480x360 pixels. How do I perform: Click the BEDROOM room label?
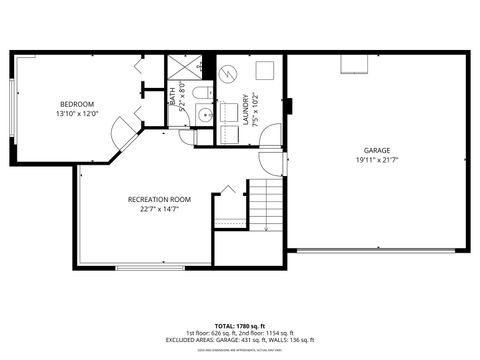[x=77, y=105]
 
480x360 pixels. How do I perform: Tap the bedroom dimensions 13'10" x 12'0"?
[x=77, y=114]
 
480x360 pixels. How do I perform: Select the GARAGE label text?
[x=376, y=150]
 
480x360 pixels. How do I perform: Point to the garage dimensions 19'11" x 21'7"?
[x=376, y=160]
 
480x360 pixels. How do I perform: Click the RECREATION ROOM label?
[x=159, y=200]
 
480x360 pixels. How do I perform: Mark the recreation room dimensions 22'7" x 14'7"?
[x=159, y=210]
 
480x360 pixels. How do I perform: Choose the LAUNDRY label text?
[x=245, y=107]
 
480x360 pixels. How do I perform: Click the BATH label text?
[x=172, y=97]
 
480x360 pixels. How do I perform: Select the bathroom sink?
[x=206, y=114]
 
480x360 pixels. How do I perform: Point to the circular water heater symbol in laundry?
[x=229, y=72]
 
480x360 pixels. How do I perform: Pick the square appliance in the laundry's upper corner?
[x=265, y=71]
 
